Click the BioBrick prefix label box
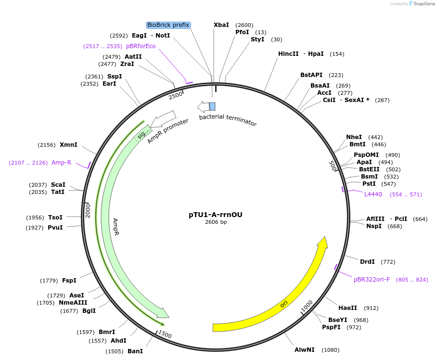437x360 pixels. pyautogui.click(x=168, y=25)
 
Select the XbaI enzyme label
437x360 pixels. pyautogui.click(x=221, y=25)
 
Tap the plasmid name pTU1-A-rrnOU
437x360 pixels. pyautogui.click(x=216, y=215)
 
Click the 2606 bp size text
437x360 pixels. pyautogui.click(x=216, y=222)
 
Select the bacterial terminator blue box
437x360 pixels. pyautogui.click(x=212, y=106)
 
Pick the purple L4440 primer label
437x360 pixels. pyautogui.click(x=373, y=194)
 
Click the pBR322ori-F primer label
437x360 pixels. pyautogui.click(x=372, y=279)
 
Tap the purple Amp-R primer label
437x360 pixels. pyautogui.click(x=61, y=163)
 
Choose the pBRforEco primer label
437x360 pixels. pyautogui.click(x=141, y=46)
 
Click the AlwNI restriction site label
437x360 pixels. pyautogui.click(x=305, y=350)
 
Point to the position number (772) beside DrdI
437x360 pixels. pyautogui.click(x=388, y=262)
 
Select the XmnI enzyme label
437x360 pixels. pyautogui.click(x=68, y=145)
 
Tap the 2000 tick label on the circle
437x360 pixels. pyautogui.click(x=88, y=210)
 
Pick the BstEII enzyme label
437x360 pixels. pyautogui.click(x=369, y=169)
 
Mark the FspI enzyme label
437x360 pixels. pyautogui.click(x=69, y=281)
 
